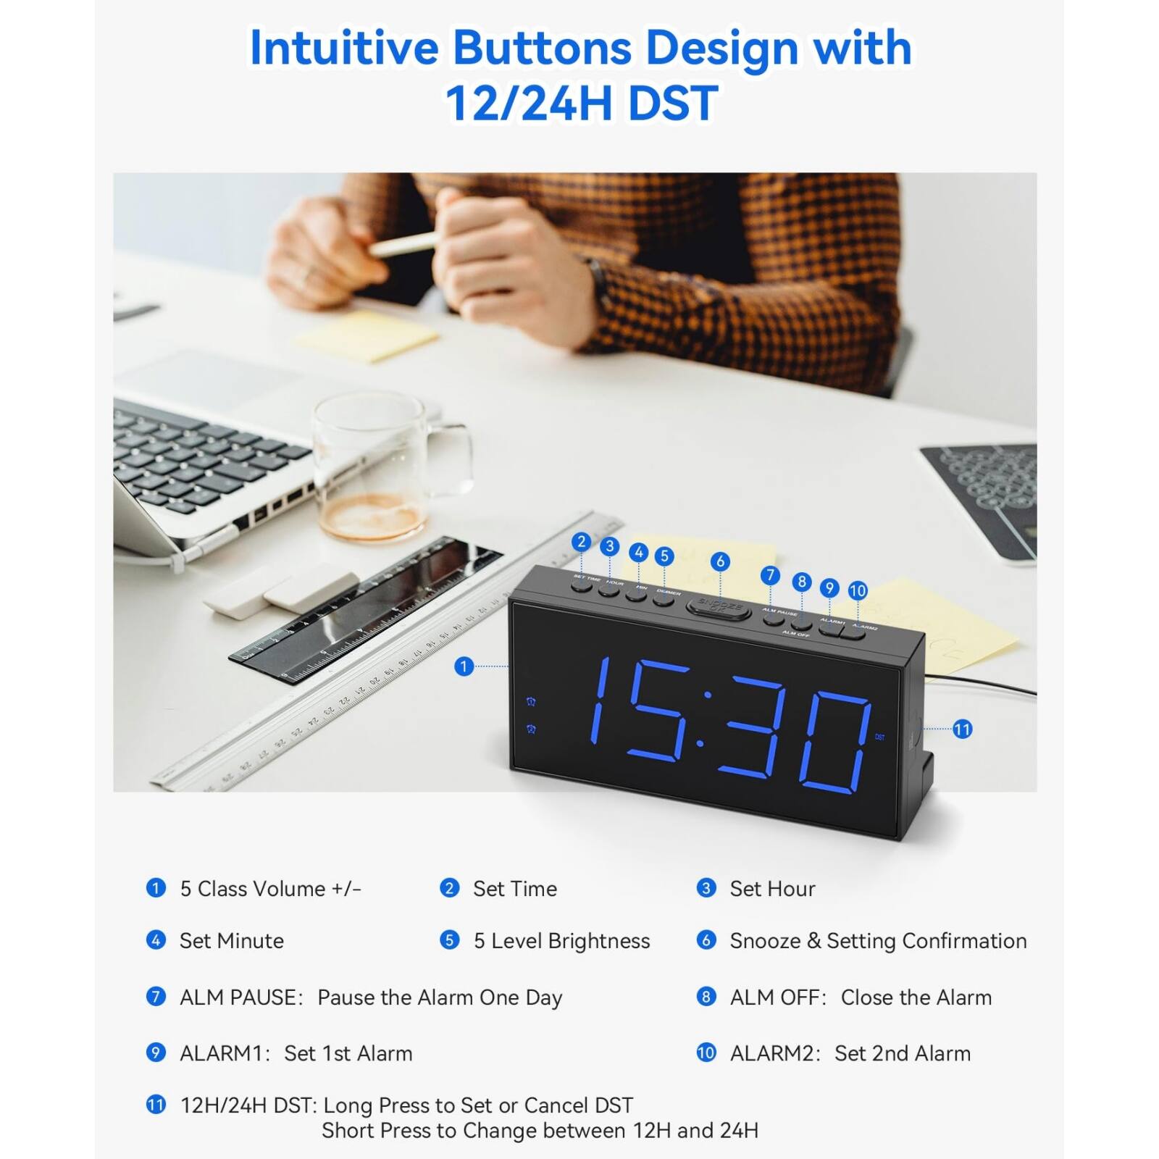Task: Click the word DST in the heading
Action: pyautogui.click(x=673, y=103)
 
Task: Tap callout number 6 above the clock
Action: pyautogui.click(x=719, y=561)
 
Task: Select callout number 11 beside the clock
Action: pyautogui.click(x=962, y=729)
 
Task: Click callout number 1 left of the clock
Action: pyautogui.click(x=464, y=666)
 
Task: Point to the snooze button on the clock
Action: pyautogui.click(x=719, y=607)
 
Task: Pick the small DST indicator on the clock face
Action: pyautogui.click(x=879, y=737)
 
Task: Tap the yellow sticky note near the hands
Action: pyautogui.click(x=367, y=335)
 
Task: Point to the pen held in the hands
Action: pyautogui.click(x=403, y=244)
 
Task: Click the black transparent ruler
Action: pyautogui.click(x=366, y=608)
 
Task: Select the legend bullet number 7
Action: pyautogui.click(x=156, y=997)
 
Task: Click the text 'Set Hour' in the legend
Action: pyautogui.click(x=772, y=889)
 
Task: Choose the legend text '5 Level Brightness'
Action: pyautogui.click(x=561, y=941)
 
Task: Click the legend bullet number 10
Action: pyautogui.click(x=706, y=1053)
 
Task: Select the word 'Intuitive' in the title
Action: pyautogui.click(x=344, y=48)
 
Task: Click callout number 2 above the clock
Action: pyautogui.click(x=581, y=542)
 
